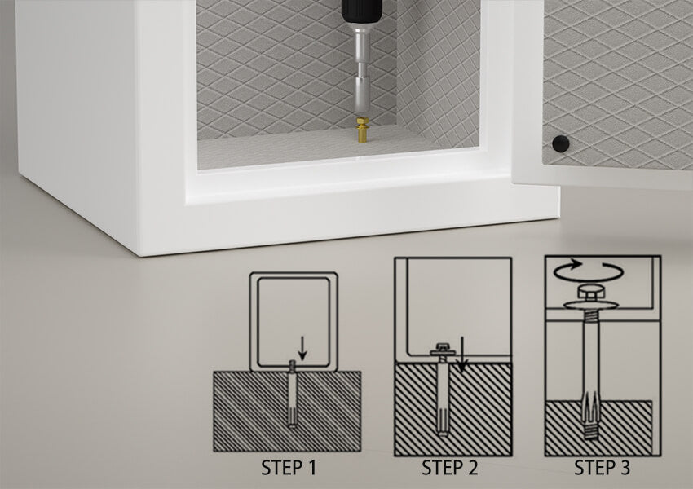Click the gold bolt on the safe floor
363,129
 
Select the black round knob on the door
560,144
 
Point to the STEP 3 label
602,468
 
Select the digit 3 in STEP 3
625,468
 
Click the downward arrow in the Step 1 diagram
302,348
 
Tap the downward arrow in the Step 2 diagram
461,355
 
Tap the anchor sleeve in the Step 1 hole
292,394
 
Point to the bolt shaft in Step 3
590,354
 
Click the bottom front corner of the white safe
140,256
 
